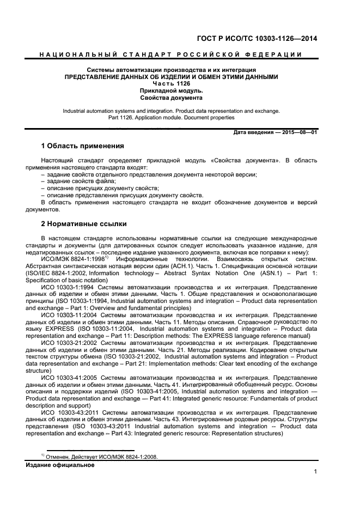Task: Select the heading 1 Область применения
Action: tap(83, 147)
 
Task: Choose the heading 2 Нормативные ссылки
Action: tap(84, 224)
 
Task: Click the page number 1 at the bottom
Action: tap(315, 472)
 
